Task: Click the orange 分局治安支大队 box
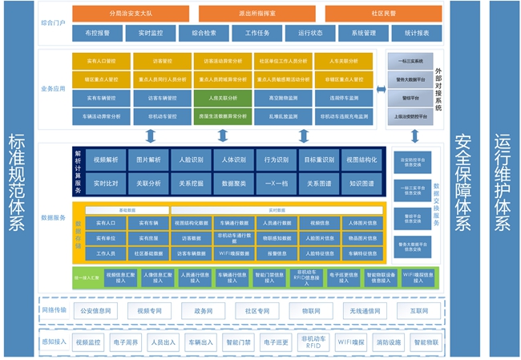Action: coord(131,14)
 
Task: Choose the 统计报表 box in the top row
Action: coord(417,34)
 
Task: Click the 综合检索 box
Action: coord(198,34)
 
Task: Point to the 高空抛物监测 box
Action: coord(283,97)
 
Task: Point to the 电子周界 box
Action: coord(126,343)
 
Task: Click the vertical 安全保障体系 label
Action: coord(462,180)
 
